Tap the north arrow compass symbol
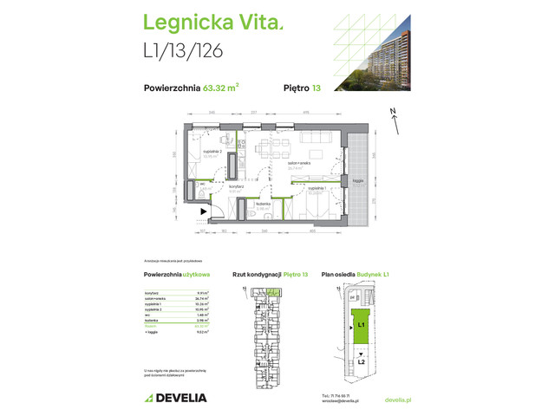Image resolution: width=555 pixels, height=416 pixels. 395,120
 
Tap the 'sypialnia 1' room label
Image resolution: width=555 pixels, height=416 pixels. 318,188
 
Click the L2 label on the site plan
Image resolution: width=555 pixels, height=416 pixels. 360,361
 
